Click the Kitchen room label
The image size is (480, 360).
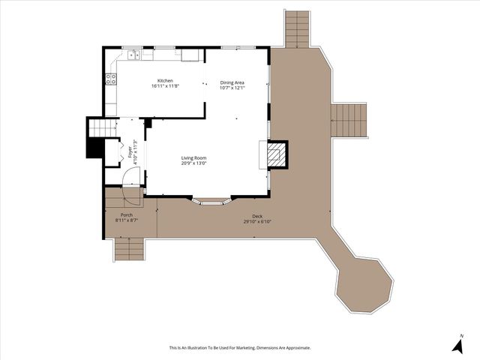click(165, 80)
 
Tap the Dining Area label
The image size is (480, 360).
click(232, 82)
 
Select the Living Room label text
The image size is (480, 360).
click(193, 157)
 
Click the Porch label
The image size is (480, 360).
click(127, 215)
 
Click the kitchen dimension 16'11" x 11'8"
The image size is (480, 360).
click(165, 86)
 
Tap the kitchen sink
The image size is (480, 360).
click(133, 54)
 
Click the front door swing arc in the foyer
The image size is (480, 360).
click(132, 176)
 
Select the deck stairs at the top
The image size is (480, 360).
click(298, 28)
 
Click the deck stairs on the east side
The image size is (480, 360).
click(349, 120)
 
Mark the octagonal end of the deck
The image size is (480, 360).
click(364, 284)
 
